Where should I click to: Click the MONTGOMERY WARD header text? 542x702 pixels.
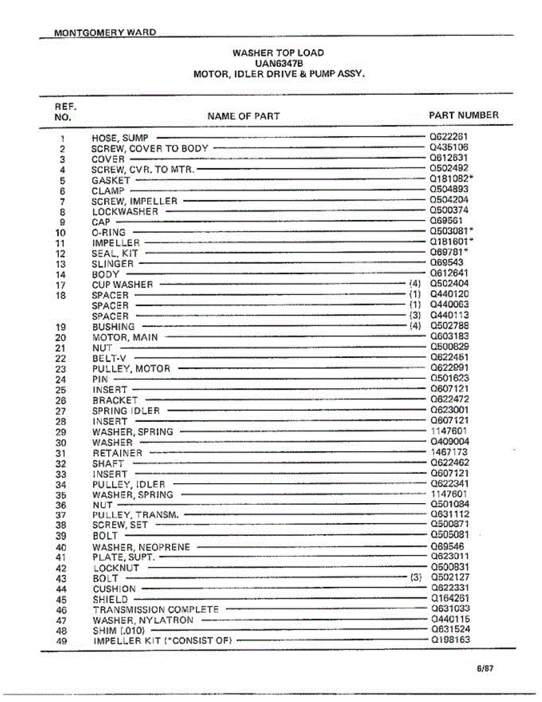click(x=105, y=32)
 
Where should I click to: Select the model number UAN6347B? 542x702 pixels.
click(x=278, y=63)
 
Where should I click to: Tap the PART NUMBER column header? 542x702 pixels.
click(x=464, y=115)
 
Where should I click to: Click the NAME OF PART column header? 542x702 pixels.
click(x=243, y=116)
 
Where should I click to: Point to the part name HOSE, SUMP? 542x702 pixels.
click(x=120, y=138)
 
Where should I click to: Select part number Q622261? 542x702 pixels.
click(x=449, y=137)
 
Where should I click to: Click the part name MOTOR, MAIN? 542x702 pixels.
click(x=125, y=337)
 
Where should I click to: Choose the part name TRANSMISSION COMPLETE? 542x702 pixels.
click(x=156, y=610)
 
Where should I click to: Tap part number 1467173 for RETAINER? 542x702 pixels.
click(x=449, y=452)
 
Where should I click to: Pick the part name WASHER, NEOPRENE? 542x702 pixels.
click(x=141, y=547)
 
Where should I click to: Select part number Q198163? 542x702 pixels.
click(x=450, y=639)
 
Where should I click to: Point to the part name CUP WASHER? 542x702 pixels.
click(x=122, y=285)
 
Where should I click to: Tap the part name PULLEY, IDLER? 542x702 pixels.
click(x=129, y=484)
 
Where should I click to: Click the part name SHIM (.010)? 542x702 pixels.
click(x=119, y=631)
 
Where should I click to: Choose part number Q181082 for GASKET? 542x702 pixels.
click(x=449, y=180)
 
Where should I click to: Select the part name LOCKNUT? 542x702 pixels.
click(x=116, y=568)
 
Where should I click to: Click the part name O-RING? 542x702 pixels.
click(x=109, y=233)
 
